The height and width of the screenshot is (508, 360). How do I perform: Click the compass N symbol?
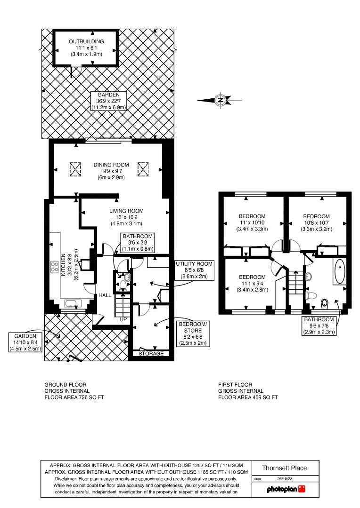(220, 100)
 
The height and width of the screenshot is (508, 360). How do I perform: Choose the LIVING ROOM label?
(126, 217)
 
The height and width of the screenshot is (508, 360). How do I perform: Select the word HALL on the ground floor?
(105, 295)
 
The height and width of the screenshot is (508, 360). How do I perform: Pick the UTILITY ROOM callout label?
(194, 270)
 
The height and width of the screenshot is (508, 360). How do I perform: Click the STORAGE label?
(151, 353)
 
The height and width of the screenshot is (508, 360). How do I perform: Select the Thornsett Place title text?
(285, 468)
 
